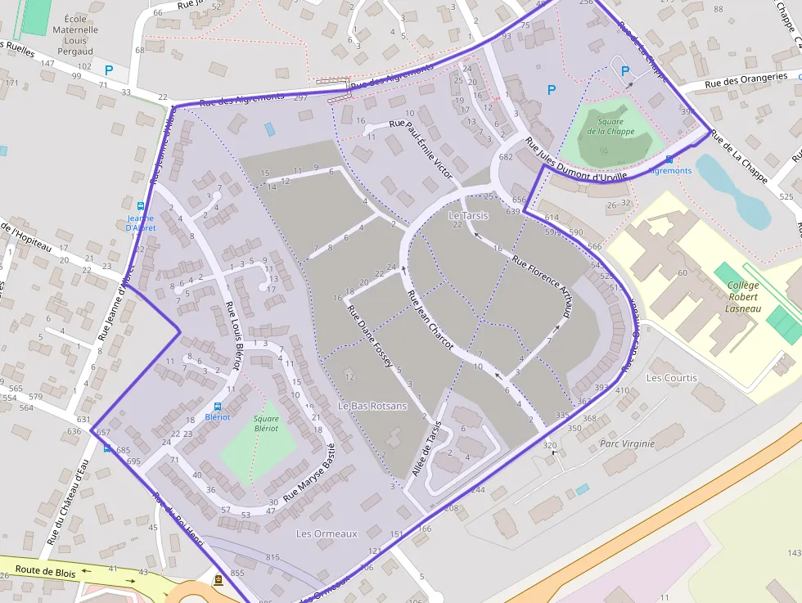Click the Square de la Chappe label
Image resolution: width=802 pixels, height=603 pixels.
coord(611,126)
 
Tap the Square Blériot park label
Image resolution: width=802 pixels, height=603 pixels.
coord(266,423)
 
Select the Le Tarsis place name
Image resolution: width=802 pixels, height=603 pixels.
coord(468,216)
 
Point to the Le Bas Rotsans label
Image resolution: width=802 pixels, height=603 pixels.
coord(372,406)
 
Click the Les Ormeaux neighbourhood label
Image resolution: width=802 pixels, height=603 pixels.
coord(327,533)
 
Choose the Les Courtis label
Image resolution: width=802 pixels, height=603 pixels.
coord(672,378)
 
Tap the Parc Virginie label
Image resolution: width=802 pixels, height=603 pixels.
coord(627,443)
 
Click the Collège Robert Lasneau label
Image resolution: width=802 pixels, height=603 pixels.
coord(743,296)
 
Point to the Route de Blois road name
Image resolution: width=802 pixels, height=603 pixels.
coord(46,573)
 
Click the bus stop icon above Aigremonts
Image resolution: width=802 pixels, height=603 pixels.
coord(669,160)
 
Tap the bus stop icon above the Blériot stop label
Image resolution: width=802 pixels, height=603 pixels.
coord(218,407)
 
